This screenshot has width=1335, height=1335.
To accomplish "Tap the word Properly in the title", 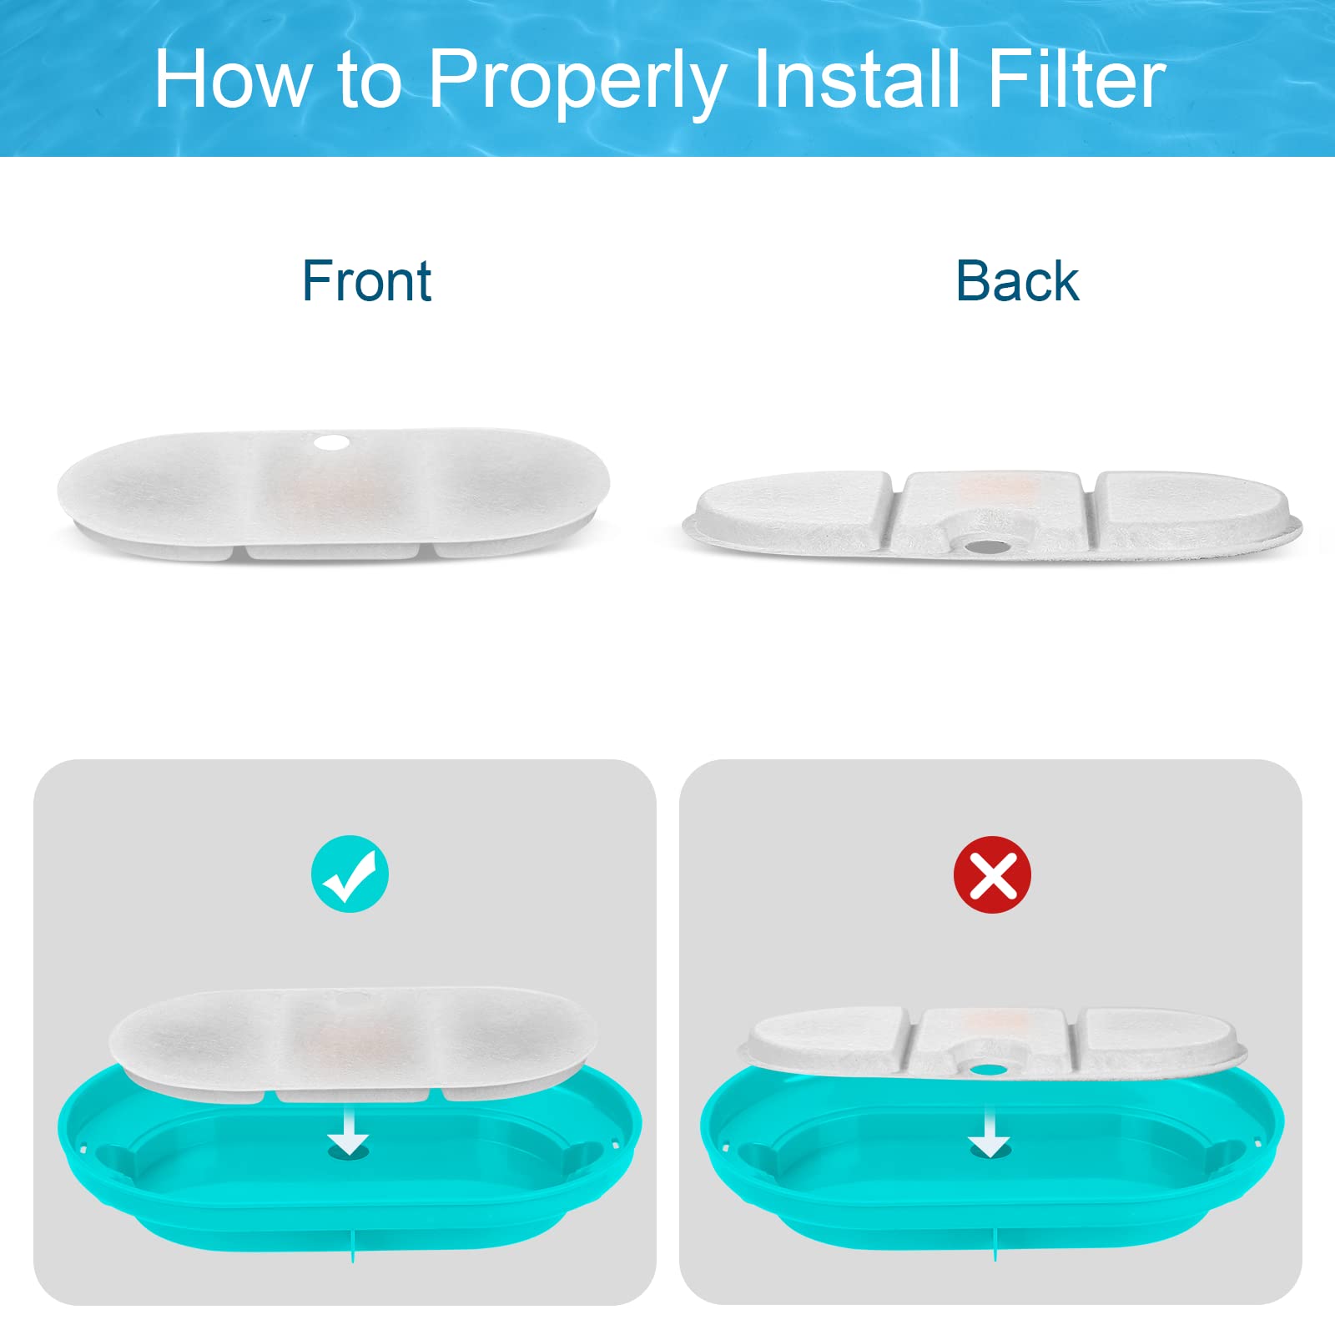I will click(x=576, y=82).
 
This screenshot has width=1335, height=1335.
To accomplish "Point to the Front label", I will click(x=366, y=281).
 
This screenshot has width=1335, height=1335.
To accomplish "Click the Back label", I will click(x=1017, y=281).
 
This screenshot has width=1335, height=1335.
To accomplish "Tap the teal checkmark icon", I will click(x=350, y=874).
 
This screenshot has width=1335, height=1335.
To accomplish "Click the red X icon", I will click(x=992, y=874).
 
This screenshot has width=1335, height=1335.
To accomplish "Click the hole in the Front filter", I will click(x=332, y=442).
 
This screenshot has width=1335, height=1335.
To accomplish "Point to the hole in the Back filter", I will click(x=986, y=547).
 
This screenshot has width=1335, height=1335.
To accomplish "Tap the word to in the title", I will click(x=370, y=81).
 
